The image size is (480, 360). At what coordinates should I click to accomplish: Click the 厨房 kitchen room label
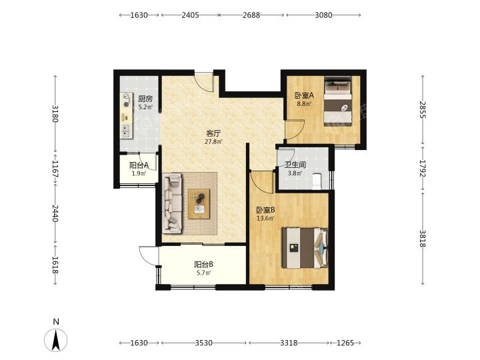[x=145, y=99]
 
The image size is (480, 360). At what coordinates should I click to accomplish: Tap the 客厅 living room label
[x=213, y=133]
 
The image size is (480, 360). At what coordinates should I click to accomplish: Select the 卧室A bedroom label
[x=304, y=95]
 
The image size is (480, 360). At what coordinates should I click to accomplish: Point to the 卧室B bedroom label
[x=265, y=210]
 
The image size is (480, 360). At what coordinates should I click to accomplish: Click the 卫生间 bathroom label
[x=295, y=165]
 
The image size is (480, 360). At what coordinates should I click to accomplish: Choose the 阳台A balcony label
[x=139, y=165]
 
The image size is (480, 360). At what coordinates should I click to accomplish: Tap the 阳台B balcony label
[x=204, y=265]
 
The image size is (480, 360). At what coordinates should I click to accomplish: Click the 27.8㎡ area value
[x=213, y=142]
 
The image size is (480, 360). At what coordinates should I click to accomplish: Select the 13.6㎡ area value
[x=265, y=218]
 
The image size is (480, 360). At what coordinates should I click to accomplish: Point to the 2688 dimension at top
[x=251, y=15]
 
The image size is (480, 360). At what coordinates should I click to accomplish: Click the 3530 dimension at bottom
[x=203, y=343]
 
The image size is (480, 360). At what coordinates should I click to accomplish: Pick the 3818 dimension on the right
[x=423, y=239]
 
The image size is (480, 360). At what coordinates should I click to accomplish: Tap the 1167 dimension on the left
[x=55, y=169]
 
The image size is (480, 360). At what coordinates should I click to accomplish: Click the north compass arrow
[x=56, y=340]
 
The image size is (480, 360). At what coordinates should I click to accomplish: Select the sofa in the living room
[x=172, y=203]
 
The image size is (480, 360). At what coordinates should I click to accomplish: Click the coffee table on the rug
[x=199, y=204]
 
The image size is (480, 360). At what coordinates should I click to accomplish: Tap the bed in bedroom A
[x=338, y=101]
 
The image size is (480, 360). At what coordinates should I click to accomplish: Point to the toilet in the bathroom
[x=317, y=181]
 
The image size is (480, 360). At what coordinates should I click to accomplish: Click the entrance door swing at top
[x=204, y=81]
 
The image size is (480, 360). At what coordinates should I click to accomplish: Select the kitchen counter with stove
[x=127, y=116]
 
